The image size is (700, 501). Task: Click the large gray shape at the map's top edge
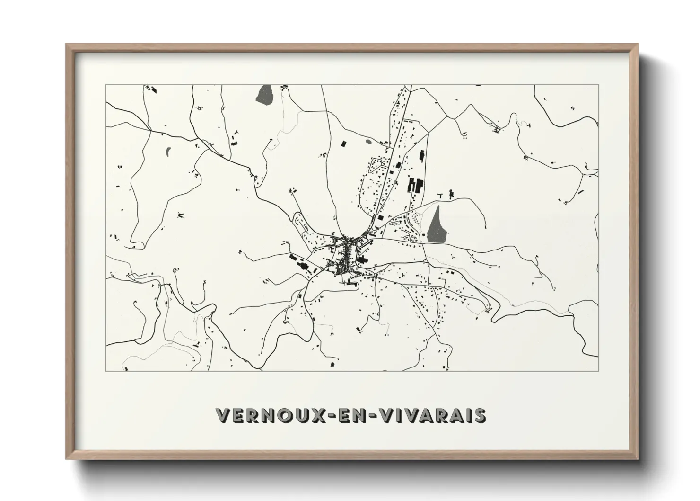point(264,94)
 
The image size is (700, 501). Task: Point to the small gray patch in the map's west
point(168,152)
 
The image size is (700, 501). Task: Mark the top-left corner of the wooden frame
point(66,45)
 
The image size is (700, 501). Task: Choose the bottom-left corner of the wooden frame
point(66,458)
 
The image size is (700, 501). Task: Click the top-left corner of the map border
point(105,85)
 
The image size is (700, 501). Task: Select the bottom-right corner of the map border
point(599,371)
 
